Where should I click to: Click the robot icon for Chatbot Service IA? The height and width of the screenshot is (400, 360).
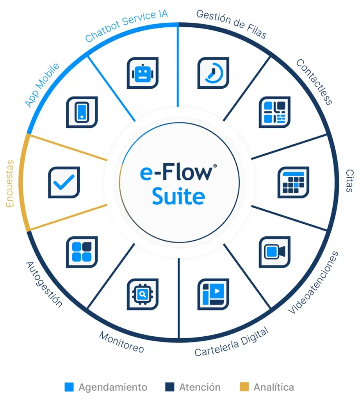coord(143,73)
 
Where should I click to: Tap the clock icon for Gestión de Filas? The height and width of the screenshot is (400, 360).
coord(213,73)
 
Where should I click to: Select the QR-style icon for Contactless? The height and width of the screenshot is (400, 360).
coord(275,112)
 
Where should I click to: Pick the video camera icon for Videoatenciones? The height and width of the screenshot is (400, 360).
coord(275,252)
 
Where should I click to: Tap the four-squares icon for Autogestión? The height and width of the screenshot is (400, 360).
coord(82,252)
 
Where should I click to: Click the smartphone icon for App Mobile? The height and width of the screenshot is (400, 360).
coord(82,112)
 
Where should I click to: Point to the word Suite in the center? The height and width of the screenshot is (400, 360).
coord(178,196)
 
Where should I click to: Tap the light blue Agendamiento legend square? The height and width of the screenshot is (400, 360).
coord(69,387)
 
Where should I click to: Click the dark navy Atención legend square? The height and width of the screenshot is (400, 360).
coord(169,387)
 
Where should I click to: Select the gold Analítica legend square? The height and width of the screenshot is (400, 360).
coord(244,387)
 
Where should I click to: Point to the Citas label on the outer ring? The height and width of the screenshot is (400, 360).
coord(349,181)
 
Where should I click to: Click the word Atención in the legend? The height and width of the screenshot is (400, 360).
coord(200,387)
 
